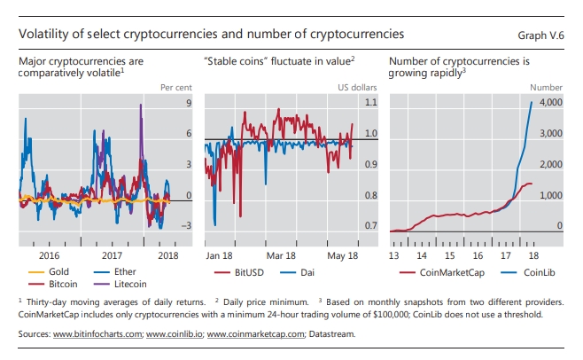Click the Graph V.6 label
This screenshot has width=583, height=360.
(540, 34)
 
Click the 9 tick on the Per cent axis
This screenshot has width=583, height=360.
(189, 103)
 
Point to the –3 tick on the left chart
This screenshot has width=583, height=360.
(186, 226)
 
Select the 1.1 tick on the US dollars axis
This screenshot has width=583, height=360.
(370, 103)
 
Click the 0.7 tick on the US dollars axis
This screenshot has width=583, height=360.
(370, 226)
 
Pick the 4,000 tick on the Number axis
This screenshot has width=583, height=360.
(550, 103)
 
